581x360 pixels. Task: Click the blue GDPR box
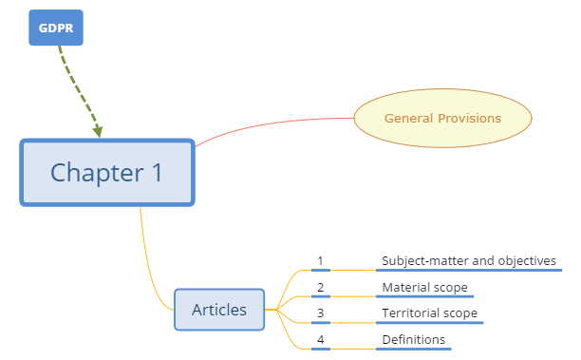click(56, 28)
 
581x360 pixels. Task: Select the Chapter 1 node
click(107, 173)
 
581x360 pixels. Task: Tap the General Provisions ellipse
click(442, 119)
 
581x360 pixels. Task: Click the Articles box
click(219, 310)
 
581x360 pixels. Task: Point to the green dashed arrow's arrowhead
click(97, 129)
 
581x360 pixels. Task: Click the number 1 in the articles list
click(321, 260)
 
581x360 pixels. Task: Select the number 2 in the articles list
click(321, 287)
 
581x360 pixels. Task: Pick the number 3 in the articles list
click(321, 313)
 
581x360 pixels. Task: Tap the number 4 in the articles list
click(321, 339)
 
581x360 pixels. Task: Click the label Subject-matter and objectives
click(468, 260)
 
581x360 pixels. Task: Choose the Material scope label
click(424, 287)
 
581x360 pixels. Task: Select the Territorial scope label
click(429, 313)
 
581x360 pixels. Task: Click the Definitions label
click(413, 339)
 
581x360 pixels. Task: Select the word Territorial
click(411, 313)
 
